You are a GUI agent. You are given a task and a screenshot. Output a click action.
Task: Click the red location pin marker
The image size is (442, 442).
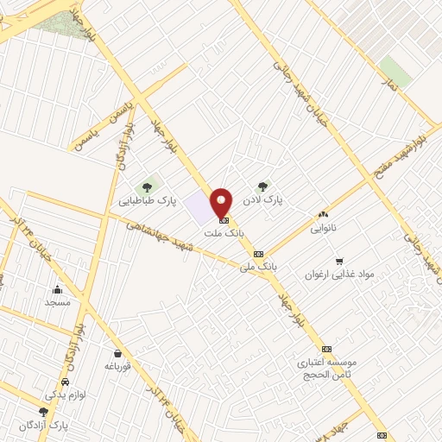(222, 202)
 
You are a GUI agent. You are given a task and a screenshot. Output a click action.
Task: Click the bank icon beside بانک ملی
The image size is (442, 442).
(259, 254)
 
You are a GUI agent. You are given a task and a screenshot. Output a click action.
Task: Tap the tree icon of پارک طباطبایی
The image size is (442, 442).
(148, 186)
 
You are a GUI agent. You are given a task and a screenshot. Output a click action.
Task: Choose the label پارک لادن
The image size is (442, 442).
(263, 201)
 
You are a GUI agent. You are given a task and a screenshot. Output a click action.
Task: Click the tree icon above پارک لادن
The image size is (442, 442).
(263, 186)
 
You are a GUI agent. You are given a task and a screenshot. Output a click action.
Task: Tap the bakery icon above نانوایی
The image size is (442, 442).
(324, 215)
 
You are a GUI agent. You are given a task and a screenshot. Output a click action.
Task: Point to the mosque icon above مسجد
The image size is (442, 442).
(57, 289)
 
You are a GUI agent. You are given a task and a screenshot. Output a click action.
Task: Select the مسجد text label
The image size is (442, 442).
(57, 303)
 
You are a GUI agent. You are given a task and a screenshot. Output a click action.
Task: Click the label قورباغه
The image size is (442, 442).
(117, 366)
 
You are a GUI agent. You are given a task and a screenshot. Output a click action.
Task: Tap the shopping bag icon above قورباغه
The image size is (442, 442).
(117, 352)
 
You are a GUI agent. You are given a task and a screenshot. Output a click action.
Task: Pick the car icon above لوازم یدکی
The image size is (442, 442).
(66, 382)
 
